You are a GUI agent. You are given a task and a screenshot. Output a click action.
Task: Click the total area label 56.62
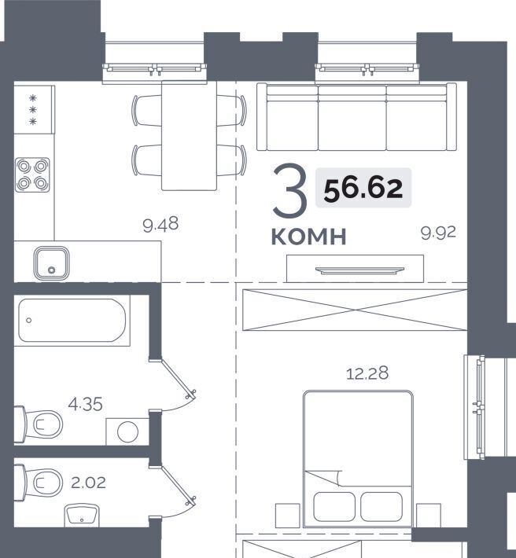363,188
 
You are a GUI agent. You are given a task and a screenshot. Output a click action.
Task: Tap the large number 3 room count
290,189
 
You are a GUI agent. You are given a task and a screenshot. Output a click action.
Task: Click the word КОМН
309,237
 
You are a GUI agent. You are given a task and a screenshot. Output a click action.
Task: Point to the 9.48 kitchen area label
160,225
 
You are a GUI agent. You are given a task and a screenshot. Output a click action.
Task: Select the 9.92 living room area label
438,233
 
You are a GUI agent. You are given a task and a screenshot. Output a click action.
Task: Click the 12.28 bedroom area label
367,373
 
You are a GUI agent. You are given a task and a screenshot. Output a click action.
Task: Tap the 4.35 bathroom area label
85,404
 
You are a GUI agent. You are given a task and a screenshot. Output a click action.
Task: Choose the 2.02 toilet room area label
88,483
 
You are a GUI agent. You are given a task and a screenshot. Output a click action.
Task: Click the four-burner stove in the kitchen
32,174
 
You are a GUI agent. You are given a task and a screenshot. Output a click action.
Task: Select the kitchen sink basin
52,263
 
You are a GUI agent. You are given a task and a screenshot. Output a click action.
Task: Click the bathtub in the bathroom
72,321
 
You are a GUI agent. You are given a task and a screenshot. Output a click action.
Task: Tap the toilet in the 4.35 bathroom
38,424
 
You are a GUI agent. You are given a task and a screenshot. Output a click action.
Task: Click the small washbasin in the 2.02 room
82,515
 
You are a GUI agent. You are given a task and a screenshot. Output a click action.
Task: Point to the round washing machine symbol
127,431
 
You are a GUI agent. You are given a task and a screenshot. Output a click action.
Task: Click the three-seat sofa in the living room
356,117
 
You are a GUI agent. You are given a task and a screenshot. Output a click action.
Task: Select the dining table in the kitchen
189,136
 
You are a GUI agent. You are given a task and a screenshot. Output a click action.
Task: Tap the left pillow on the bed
334,507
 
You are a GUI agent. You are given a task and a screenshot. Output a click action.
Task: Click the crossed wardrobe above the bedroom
355,310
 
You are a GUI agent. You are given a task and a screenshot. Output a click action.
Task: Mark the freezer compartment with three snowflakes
34,109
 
